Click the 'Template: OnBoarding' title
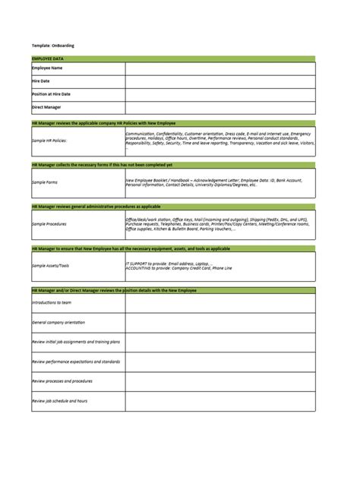(53, 45)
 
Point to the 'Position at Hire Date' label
(52, 94)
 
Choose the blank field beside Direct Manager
(220, 107)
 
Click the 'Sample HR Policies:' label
(49, 141)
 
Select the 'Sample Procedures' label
(49, 224)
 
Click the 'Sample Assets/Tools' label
(50, 266)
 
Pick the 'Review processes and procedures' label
(63, 381)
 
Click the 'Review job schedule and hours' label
(61, 400)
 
